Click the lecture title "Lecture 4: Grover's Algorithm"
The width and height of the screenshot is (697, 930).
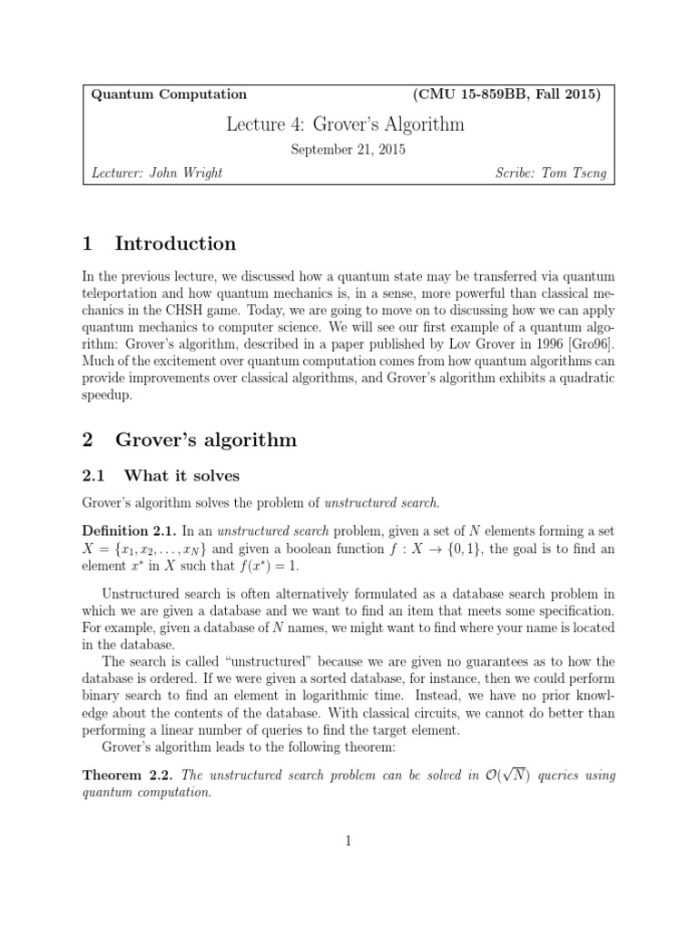[x=345, y=124]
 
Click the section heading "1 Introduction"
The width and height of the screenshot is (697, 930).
[x=159, y=243]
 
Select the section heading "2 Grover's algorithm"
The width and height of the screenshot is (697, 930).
[x=189, y=440]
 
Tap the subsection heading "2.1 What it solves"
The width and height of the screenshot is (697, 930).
[x=162, y=475]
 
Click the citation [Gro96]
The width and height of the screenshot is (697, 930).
[x=590, y=345]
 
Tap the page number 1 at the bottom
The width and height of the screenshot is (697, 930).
[x=348, y=842]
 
